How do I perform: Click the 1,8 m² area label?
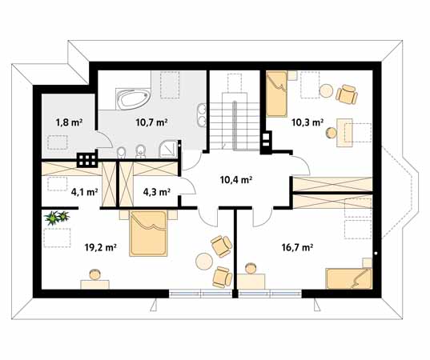(70, 122)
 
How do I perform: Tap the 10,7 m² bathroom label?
(151, 122)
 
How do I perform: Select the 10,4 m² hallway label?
(236, 180)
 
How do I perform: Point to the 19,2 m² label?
(101, 247)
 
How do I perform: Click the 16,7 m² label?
(298, 247)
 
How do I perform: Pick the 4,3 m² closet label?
(157, 192)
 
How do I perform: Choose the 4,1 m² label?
(84, 192)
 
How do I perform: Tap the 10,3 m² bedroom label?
(307, 122)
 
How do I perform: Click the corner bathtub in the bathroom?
(133, 98)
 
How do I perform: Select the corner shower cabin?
(168, 150)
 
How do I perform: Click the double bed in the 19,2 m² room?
(148, 234)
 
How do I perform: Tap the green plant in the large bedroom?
(57, 218)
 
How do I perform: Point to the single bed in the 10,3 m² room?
(277, 94)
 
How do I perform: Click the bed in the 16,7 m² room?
(349, 278)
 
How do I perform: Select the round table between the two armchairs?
(204, 262)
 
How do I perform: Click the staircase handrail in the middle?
(235, 126)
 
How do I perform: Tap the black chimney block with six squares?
(87, 160)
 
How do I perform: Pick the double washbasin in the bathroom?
(202, 115)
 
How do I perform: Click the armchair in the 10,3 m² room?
(347, 94)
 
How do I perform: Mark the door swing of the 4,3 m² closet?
(189, 186)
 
